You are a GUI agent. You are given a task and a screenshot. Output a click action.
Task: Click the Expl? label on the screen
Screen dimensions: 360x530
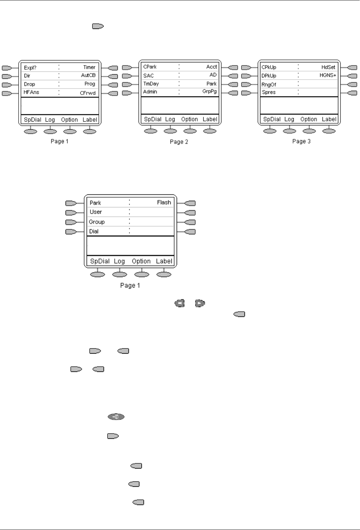click(x=30, y=68)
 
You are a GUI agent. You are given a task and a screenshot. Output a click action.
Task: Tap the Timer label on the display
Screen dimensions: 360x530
click(x=89, y=67)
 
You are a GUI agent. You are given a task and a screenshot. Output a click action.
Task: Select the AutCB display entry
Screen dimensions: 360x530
click(x=88, y=75)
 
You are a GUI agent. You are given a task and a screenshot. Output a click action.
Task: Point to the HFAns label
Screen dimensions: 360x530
click(x=31, y=92)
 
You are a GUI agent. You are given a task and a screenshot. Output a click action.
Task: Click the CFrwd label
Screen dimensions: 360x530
click(x=88, y=93)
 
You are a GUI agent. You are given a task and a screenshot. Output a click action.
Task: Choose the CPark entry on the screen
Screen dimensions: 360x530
click(x=150, y=67)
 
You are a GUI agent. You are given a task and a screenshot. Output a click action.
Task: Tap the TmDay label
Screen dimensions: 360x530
click(x=151, y=84)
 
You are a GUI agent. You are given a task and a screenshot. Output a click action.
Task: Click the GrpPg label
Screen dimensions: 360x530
click(x=209, y=91)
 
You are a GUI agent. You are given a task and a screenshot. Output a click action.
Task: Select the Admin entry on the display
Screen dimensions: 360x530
click(x=150, y=92)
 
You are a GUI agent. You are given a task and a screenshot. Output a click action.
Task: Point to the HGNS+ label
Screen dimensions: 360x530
click(x=328, y=75)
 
